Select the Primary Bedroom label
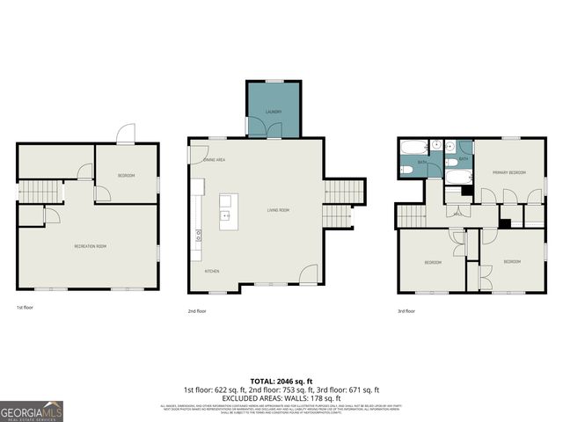tap(508, 172)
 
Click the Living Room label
tap(278, 210)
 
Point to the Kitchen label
tap(212, 271)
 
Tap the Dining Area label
tap(215, 160)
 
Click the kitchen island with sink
tap(226, 212)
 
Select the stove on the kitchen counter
tap(197, 236)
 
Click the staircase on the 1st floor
tap(40, 191)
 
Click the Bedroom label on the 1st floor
tap(126, 176)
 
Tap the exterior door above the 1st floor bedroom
tap(126, 134)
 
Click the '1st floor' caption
tap(26, 308)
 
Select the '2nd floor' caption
tap(197, 310)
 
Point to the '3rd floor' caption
tap(406, 310)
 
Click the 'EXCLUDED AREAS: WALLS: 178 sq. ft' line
tap(281, 397)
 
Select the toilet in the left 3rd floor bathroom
tap(407, 169)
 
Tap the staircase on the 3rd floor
tap(412, 215)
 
